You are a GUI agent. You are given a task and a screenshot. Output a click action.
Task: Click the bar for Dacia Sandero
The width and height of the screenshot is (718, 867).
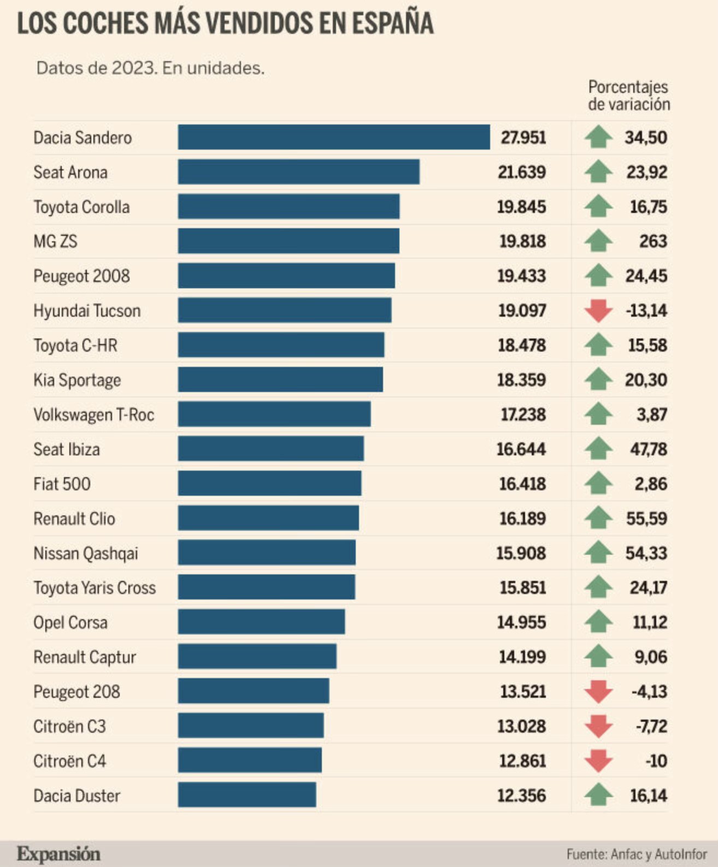333,137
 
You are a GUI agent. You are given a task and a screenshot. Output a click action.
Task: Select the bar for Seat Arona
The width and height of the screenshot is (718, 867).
298,172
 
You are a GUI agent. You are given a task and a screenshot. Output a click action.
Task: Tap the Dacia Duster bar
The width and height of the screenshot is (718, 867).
246,795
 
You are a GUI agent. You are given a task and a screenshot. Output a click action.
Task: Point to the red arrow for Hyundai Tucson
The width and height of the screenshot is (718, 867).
598,311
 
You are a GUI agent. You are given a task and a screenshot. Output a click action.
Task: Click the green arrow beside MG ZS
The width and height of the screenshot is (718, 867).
598,241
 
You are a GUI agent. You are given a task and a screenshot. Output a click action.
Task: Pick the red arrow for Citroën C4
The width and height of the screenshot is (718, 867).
598,761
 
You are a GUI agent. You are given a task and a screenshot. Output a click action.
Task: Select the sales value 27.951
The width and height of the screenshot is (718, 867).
523,138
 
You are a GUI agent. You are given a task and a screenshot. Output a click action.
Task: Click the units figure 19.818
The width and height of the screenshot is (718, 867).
522,241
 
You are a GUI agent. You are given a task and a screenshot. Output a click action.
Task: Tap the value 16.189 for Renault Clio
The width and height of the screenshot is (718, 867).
522,519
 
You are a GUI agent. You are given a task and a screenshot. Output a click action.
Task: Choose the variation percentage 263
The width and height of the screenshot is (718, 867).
653,241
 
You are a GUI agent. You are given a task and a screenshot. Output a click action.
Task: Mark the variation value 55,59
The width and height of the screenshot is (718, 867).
646,519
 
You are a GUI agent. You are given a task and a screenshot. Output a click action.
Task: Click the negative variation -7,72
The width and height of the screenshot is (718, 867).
651,726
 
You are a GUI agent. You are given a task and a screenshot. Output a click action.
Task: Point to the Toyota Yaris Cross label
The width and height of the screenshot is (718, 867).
95,588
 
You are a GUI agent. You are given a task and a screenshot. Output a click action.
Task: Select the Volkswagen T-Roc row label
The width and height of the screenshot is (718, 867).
93,415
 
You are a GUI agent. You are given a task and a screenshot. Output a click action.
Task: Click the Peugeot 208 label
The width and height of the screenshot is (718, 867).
76,692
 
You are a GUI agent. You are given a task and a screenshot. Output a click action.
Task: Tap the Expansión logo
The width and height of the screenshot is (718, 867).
58,854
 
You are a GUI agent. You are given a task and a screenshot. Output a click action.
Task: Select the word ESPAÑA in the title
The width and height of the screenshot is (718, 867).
392,24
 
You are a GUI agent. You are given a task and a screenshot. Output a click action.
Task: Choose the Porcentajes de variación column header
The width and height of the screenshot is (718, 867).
628,96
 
